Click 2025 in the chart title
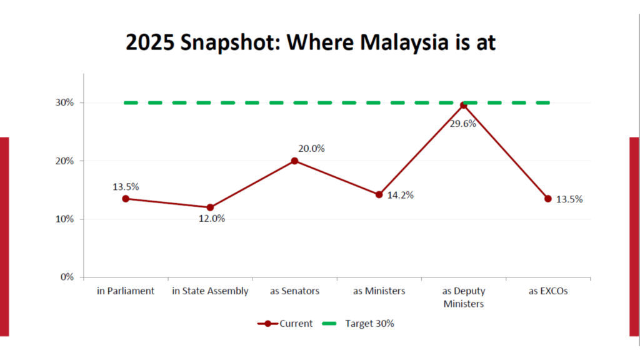(x=150, y=42)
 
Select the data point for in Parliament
(x=126, y=199)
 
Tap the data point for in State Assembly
(x=210, y=207)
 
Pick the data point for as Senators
(x=294, y=161)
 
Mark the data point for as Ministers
(x=379, y=194)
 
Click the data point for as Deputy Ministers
(x=463, y=105)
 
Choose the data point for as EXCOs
(x=548, y=199)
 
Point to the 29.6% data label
(x=462, y=124)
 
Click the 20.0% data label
(x=312, y=149)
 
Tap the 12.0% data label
(x=212, y=219)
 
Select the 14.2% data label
(x=401, y=196)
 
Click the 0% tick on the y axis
(x=67, y=277)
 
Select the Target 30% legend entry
(x=369, y=324)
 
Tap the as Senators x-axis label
(x=294, y=291)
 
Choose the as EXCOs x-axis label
(x=548, y=291)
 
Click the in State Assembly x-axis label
(x=210, y=291)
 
